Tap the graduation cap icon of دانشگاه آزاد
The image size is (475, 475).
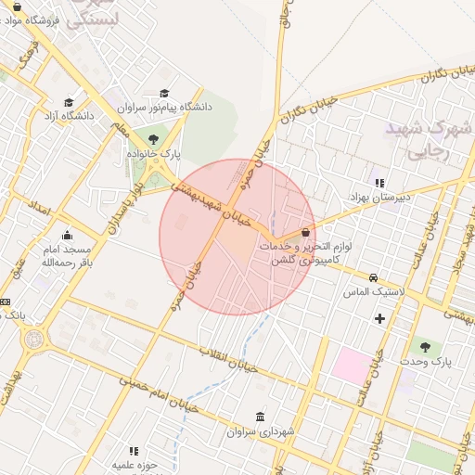click(69, 103)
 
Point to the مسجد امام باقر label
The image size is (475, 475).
click(65, 256)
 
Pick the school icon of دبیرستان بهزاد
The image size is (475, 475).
click(379, 182)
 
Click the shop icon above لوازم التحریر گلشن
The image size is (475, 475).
click(306, 233)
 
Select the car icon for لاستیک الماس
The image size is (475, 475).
click(373, 277)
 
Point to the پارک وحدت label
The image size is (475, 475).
click(427, 361)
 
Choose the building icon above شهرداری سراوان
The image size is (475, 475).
click(259, 417)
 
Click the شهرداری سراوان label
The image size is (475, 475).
click(256, 432)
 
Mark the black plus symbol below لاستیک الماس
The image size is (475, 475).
click(379, 319)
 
